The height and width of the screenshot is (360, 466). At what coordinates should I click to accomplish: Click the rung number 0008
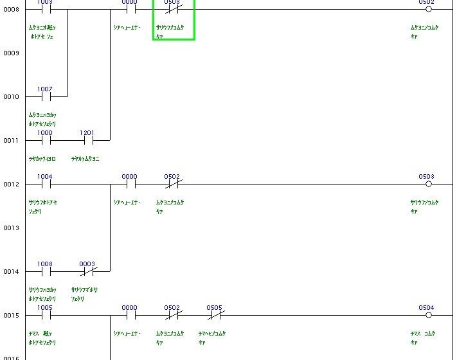[11, 10]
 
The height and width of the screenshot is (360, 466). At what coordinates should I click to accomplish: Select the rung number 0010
[11, 97]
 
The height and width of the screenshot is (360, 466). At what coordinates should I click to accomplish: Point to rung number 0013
[11, 228]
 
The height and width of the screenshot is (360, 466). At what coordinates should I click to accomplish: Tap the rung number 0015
[11, 316]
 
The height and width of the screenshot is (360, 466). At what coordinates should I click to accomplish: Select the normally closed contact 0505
[215, 315]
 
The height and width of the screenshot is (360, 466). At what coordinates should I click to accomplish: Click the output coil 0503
[429, 184]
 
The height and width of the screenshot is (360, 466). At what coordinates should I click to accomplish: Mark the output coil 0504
[429, 315]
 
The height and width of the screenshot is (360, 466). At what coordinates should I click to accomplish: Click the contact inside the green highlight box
[172, 10]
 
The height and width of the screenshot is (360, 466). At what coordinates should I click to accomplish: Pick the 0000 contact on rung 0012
[130, 184]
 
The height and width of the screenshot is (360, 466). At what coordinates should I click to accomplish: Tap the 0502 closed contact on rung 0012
[172, 184]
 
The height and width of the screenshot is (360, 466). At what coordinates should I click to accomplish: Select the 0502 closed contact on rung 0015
[172, 315]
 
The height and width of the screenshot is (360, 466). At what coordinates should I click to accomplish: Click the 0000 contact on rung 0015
[130, 315]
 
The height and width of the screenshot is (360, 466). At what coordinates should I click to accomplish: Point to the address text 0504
[426, 307]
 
